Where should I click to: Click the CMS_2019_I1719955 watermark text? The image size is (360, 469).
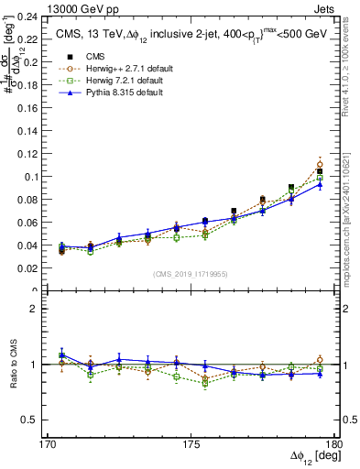click(x=191, y=273)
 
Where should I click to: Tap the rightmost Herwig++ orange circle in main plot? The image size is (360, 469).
click(x=320, y=165)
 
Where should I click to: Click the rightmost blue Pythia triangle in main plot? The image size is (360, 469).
click(x=320, y=183)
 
